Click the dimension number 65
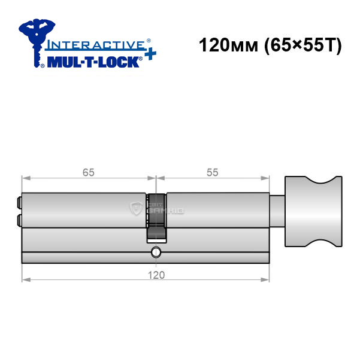click(89, 172)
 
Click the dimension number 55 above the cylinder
click(213, 172)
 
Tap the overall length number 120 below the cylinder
click(156, 275)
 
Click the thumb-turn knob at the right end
click(313, 211)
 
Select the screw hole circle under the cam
click(156, 252)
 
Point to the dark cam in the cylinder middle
click(156, 218)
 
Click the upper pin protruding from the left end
click(19, 202)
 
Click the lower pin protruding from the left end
click(19, 220)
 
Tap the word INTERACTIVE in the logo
click(96, 45)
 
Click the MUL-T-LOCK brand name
click(93, 62)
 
